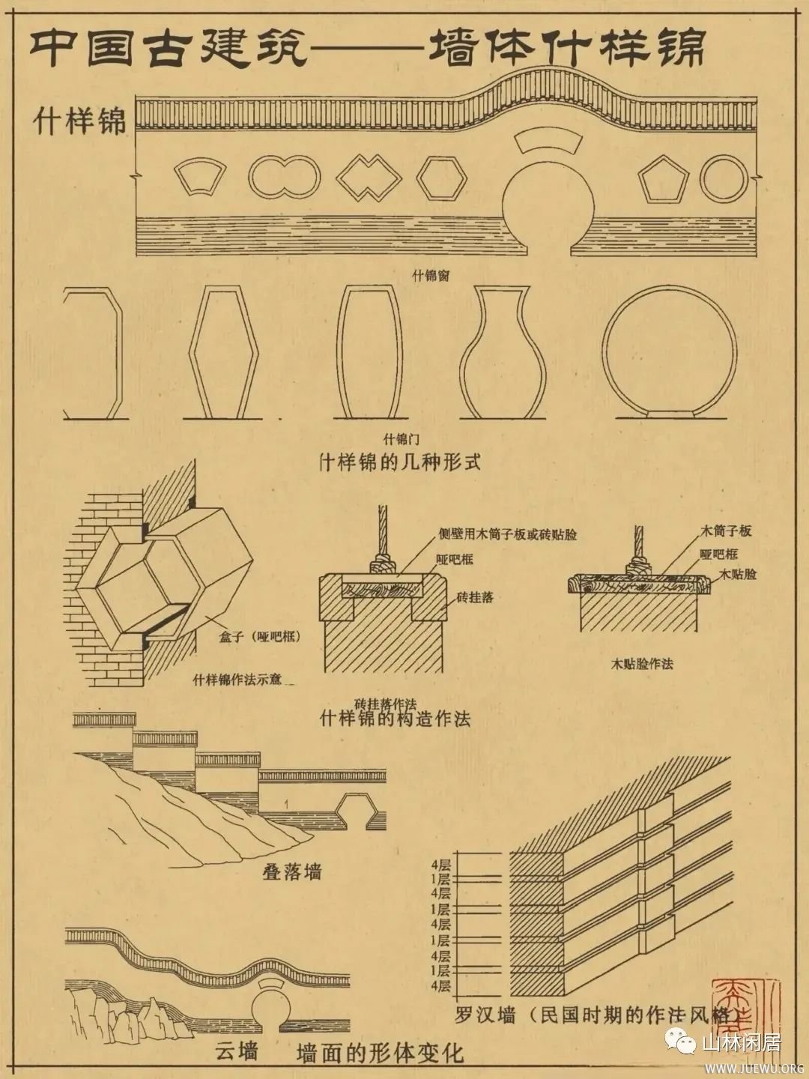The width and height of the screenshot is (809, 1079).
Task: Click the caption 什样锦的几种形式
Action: click(399, 461)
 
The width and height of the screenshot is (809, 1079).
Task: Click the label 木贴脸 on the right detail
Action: click(738, 574)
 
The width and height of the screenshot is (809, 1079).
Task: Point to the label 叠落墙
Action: click(291, 871)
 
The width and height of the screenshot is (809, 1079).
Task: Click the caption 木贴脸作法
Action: click(642, 663)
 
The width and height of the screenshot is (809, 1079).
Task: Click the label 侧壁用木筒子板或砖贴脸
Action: click(508, 535)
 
